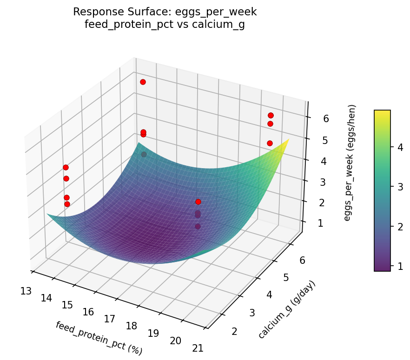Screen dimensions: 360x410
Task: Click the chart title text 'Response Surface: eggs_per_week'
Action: pyautogui.click(x=165, y=12)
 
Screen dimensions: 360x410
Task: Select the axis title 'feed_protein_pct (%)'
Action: pyautogui.click(x=99, y=338)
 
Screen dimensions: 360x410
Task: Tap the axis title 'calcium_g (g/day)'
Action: pyautogui.click(x=286, y=309)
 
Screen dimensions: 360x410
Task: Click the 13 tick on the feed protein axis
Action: pyautogui.click(x=26, y=291)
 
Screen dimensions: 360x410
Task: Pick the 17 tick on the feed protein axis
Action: pyautogui.click(x=110, y=319)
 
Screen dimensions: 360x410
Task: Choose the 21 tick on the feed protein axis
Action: pyautogui.click(x=198, y=348)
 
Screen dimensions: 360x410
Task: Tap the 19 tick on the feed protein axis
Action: pyautogui.click(x=153, y=333)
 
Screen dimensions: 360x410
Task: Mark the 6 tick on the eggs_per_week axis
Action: pyautogui.click(x=326, y=119)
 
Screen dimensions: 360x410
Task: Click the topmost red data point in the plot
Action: pyautogui.click(x=143, y=82)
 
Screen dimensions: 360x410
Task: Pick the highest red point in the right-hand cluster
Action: pyautogui.click(x=271, y=115)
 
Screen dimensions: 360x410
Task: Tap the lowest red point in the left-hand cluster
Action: pyautogui.click(x=67, y=204)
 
